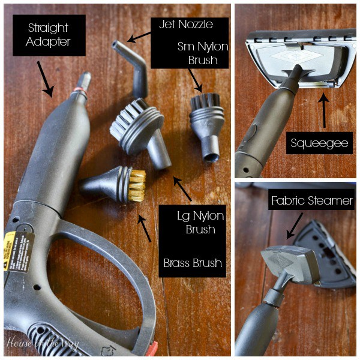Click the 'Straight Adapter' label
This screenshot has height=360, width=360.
pyautogui.click(x=49, y=35)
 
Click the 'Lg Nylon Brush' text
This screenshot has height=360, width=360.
pyautogui.click(x=191, y=222)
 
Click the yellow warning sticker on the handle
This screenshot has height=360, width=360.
pyautogui.click(x=17, y=251)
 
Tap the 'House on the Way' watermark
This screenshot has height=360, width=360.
pyautogui.click(x=42, y=344)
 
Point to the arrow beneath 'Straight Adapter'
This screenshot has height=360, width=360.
pyautogui.click(x=44, y=78)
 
